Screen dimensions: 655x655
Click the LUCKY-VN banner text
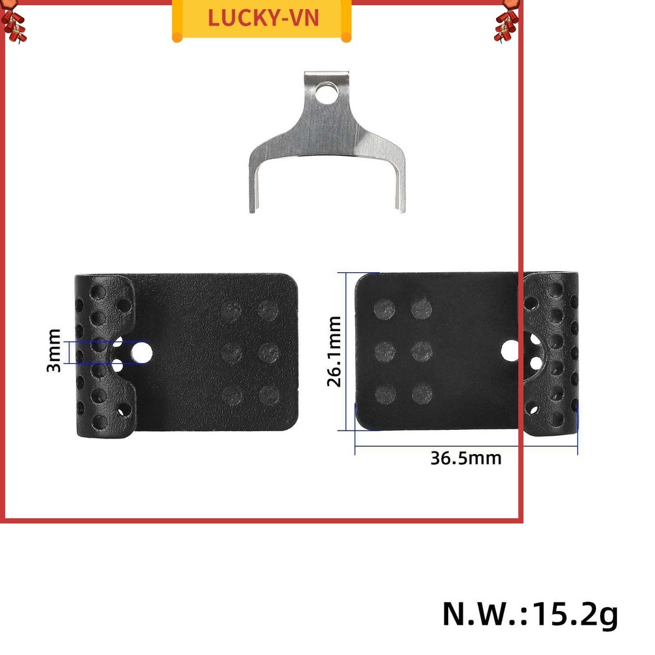[263, 18]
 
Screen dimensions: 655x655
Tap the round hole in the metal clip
[326, 93]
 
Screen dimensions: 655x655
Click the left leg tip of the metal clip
[253, 209]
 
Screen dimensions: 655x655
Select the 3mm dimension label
[54, 351]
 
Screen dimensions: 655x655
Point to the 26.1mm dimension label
[334, 351]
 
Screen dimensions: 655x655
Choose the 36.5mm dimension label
[466, 458]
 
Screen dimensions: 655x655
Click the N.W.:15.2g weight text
[529, 613]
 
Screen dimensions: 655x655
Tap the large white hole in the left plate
[141, 352]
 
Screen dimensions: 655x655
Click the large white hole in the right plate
[510, 351]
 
